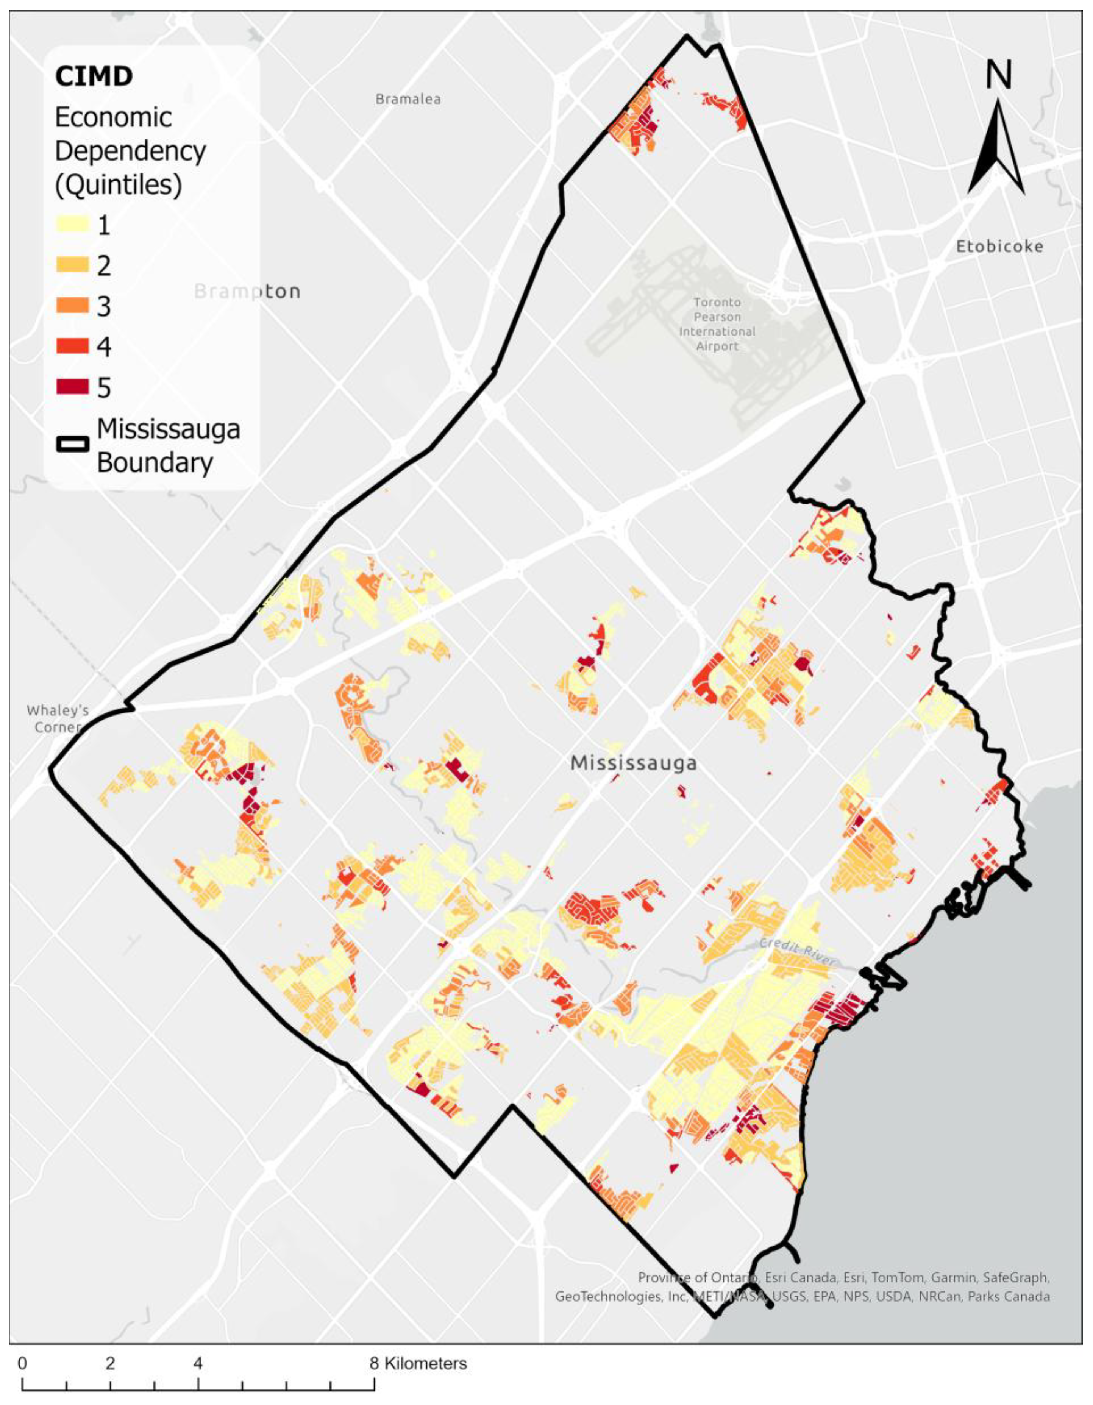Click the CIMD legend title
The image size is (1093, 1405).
(x=94, y=76)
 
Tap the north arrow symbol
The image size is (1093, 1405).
(x=996, y=148)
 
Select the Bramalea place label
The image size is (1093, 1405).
(x=408, y=99)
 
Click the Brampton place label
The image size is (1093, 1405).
(x=247, y=292)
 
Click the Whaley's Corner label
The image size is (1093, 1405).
(x=57, y=718)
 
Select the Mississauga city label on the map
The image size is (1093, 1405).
(x=634, y=763)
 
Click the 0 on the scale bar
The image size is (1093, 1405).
(x=22, y=1363)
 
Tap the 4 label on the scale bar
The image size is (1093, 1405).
(x=198, y=1363)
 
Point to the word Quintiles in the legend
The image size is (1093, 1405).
(x=119, y=185)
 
